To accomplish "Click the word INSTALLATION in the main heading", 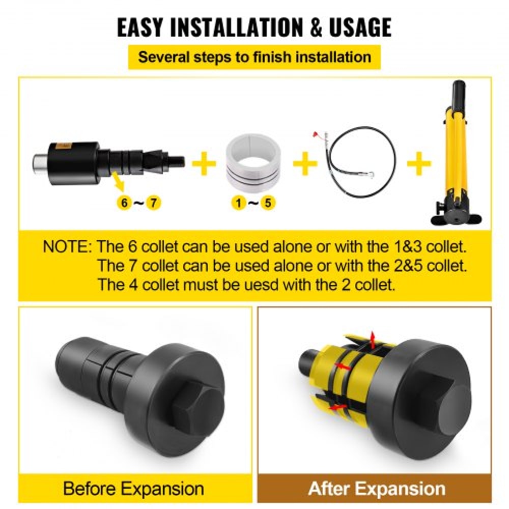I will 241,27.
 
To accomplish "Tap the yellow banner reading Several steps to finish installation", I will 254,56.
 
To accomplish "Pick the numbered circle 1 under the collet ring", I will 237,203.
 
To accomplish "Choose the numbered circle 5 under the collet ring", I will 268,203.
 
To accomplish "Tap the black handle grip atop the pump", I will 459,92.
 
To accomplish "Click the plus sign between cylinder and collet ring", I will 204,164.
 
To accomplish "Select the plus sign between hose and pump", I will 419,164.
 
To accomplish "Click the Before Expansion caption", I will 134,489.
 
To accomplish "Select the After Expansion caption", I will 377,489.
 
